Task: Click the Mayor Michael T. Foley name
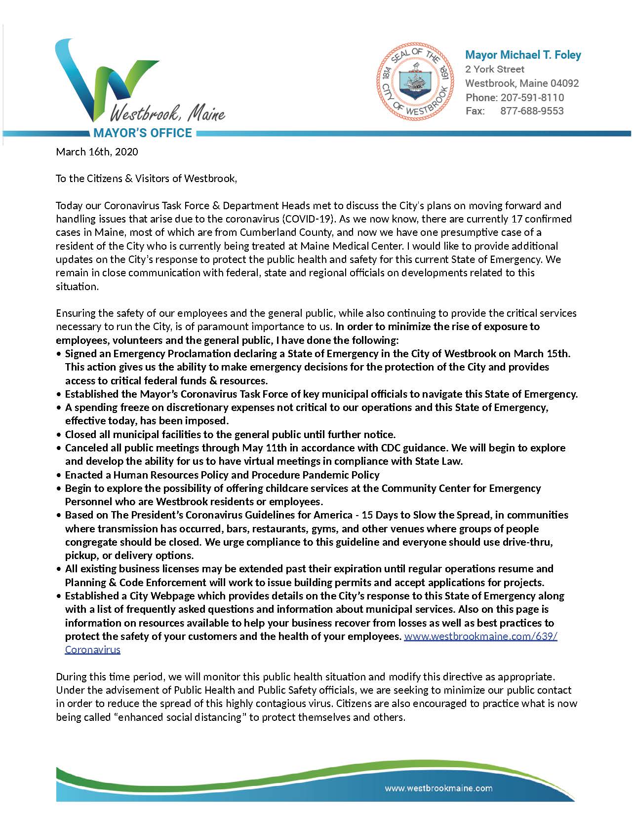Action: [x=523, y=55]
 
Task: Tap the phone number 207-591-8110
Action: [x=532, y=97]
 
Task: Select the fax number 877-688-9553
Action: [x=532, y=111]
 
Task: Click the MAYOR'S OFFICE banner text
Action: [x=142, y=133]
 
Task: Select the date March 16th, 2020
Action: [x=97, y=151]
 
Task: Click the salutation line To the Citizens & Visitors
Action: [x=146, y=179]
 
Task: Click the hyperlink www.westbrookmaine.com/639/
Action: [x=480, y=636]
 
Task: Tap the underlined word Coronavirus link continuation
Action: [x=92, y=649]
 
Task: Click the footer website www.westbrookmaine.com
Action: [x=438, y=788]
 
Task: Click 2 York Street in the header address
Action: [x=494, y=69]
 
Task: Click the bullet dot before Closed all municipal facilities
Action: [x=59, y=435]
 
